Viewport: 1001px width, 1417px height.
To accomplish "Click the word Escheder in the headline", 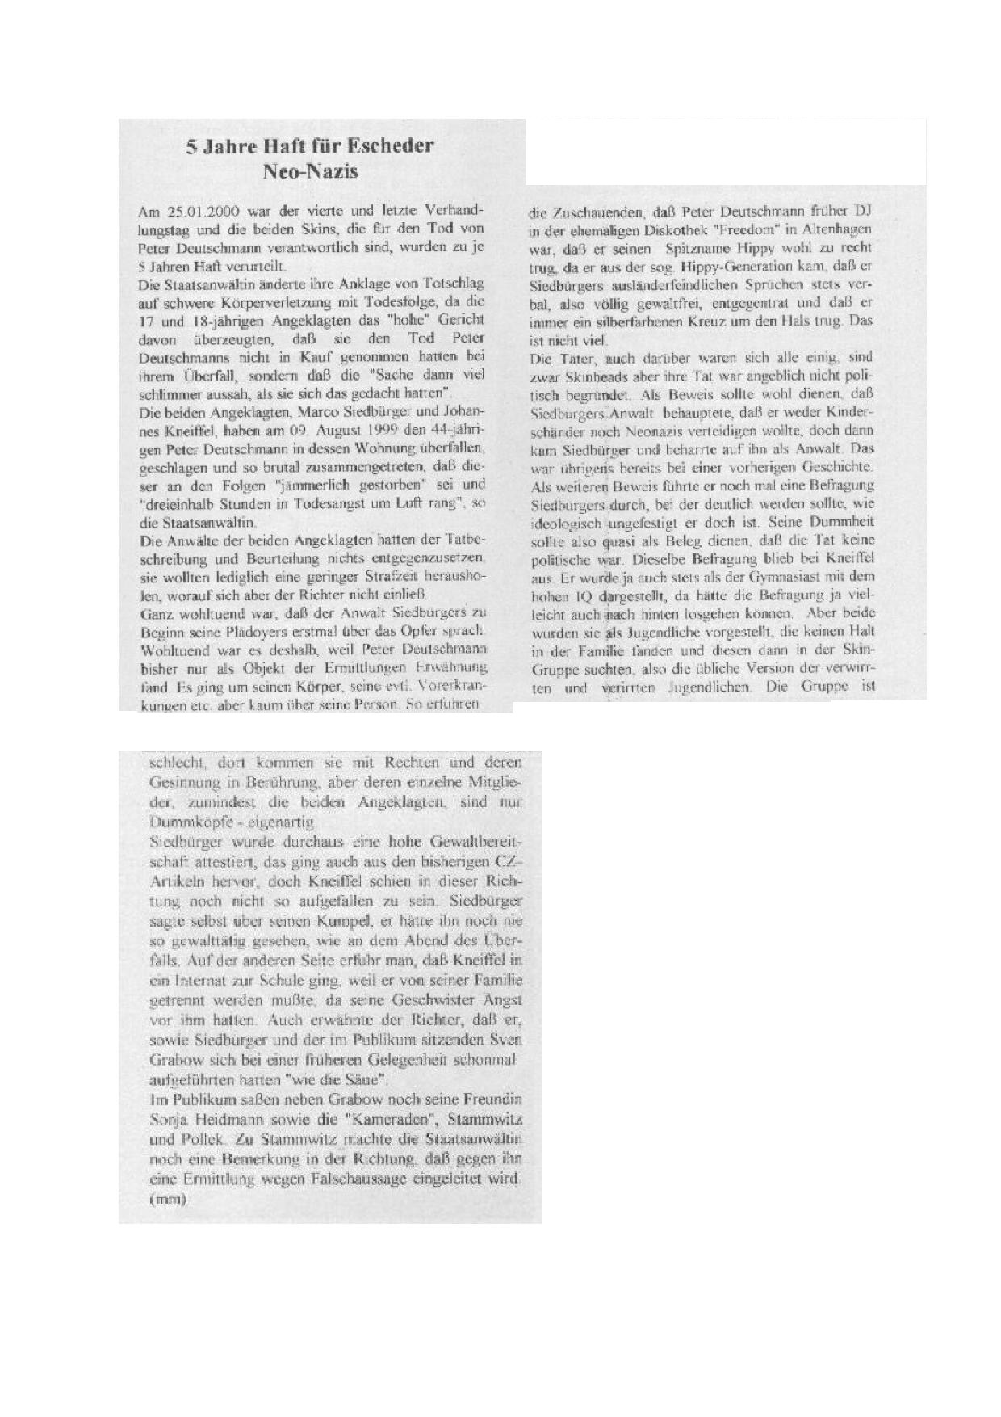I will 390,146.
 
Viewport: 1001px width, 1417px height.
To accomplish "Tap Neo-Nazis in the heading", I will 311,171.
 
